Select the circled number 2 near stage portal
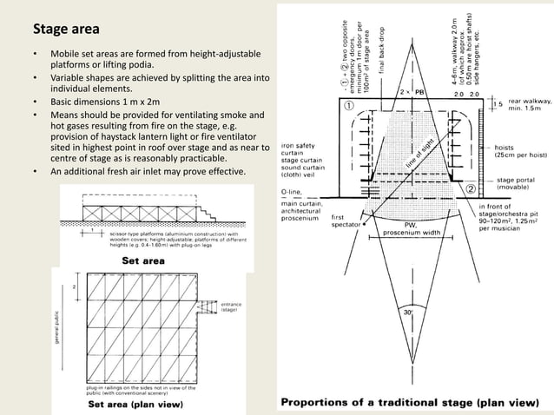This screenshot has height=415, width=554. pyautogui.click(x=471, y=188)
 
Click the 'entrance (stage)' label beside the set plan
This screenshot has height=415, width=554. pyautogui.click(x=232, y=306)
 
